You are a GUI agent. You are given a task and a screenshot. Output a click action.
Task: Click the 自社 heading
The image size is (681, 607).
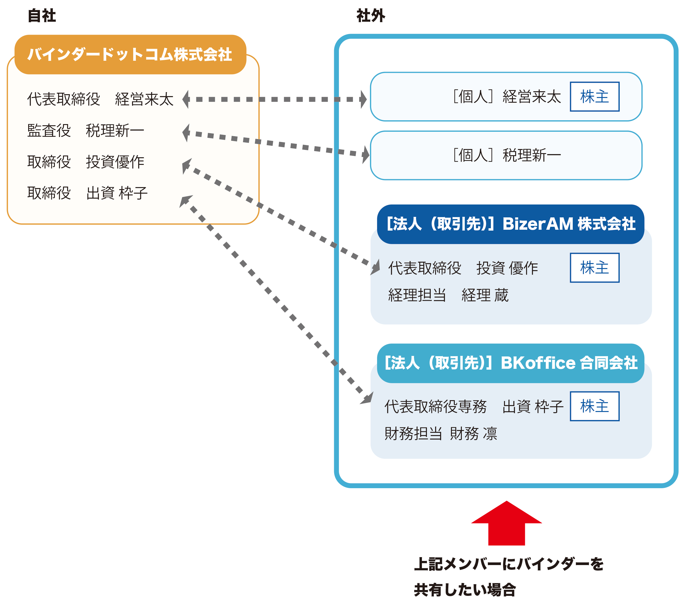[42, 16]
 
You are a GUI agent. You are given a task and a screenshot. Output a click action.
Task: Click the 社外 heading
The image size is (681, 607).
[371, 16]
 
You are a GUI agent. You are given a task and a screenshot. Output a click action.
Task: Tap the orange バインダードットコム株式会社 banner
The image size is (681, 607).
[130, 54]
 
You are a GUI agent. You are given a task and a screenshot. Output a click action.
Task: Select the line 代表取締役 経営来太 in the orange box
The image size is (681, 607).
[100, 99]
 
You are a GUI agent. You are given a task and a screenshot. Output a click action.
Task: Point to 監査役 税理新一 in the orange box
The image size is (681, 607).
[86, 130]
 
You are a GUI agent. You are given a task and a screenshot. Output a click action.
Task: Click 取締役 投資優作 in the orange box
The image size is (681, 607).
[86, 162]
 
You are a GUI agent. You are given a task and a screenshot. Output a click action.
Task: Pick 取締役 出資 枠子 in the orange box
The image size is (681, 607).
[87, 193]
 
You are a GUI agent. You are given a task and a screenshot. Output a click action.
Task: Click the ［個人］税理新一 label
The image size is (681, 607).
[507, 155]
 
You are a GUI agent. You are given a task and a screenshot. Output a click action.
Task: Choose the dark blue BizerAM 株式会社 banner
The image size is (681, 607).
[511, 224]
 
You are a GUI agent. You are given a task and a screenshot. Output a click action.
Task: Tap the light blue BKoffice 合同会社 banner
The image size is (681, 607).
[511, 363]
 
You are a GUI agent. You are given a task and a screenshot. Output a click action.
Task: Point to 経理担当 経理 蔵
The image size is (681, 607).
[448, 295]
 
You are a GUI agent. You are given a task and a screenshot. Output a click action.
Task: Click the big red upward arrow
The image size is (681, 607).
[507, 523]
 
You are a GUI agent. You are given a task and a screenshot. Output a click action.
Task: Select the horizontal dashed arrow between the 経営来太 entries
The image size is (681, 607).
[274, 99]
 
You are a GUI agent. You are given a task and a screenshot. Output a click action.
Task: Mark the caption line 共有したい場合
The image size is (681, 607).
[465, 590]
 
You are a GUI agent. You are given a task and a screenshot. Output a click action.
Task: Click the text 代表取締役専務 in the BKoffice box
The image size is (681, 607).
[435, 407]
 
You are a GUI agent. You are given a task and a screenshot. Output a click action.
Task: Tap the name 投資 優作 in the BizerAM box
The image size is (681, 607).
[507, 268]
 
